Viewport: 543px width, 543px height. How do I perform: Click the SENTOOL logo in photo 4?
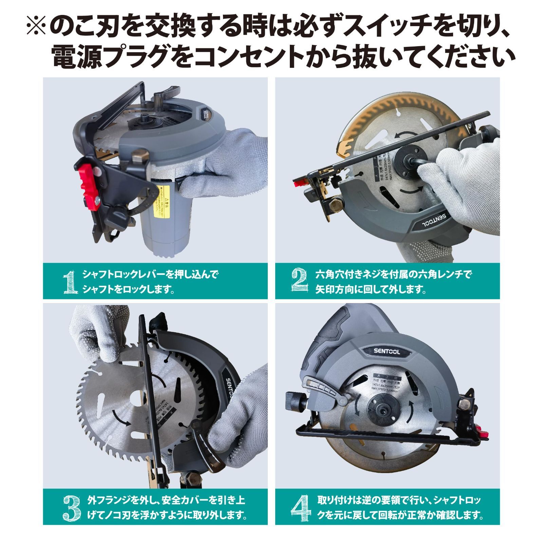pos(385,352)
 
